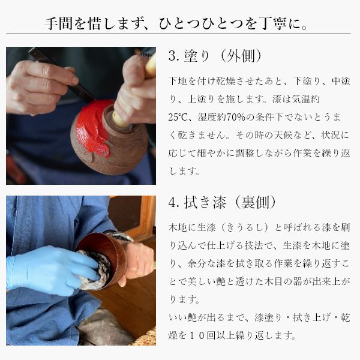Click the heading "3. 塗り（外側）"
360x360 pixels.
(215, 56)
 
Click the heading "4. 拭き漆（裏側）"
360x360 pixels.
(222, 202)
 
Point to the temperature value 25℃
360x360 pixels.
(176, 118)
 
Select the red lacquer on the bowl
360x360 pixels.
(94, 125)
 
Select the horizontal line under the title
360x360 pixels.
(178, 34)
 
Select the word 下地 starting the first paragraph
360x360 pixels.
(178, 81)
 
